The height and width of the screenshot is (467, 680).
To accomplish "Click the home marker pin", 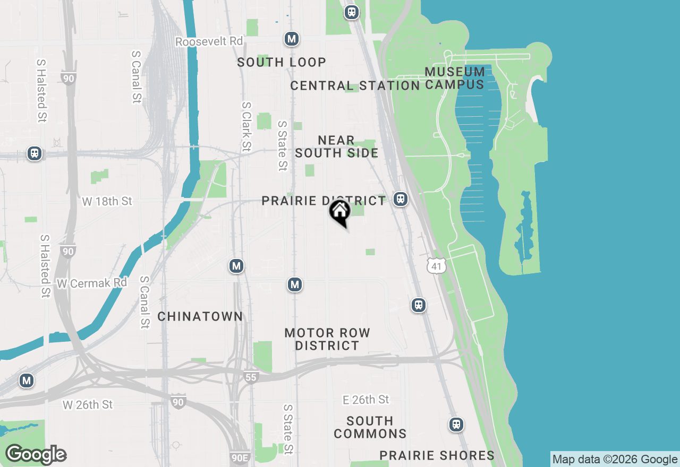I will [x=339, y=213].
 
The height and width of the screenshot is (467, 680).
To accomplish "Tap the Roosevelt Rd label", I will [x=209, y=41].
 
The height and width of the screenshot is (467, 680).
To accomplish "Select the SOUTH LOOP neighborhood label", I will [x=282, y=62].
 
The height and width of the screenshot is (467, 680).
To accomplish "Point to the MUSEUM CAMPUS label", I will [x=455, y=78].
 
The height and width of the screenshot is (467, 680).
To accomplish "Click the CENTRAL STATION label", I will [x=355, y=85].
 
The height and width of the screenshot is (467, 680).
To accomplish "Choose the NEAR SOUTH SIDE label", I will [x=336, y=146].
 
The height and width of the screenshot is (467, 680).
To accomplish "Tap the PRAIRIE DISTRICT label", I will [x=324, y=201].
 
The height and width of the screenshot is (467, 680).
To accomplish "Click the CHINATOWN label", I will [x=200, y=316].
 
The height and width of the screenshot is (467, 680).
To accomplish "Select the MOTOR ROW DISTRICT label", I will [x=327, y=339].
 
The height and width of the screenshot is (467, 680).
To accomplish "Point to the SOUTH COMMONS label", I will [x=370, y=427].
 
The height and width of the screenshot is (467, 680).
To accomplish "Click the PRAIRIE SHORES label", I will [x=437, y=455].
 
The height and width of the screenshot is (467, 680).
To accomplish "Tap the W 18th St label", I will [x=107, y=201].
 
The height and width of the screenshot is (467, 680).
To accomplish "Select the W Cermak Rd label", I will [x=92, y=283].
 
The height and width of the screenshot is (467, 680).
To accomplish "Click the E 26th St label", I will [x=366, y=400].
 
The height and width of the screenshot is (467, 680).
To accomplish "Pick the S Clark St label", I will [x=246, y=126].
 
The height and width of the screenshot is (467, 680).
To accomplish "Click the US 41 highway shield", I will [x=436, y=266].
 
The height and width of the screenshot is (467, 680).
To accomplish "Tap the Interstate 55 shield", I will [x=251, y=377].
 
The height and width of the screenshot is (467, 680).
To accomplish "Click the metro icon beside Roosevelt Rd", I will [x=291, y=39].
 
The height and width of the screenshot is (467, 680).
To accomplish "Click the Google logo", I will [x=36, y=455].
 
